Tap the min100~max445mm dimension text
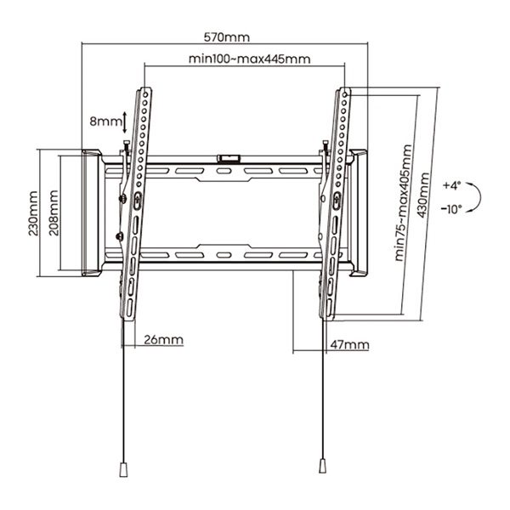(249, 59)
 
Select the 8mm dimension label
(105, 122)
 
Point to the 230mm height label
(32, 213)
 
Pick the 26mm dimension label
(163, 340)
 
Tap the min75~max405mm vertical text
(405, 204)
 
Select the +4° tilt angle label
(451, 184)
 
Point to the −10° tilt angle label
(451, 207)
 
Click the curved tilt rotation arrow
(479, 196)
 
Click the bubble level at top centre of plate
(229, 157)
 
